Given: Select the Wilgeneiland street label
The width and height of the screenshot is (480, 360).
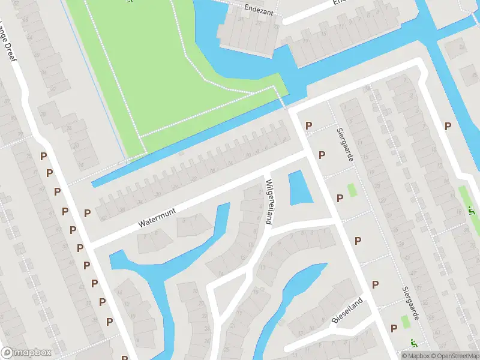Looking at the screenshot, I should [269, 202].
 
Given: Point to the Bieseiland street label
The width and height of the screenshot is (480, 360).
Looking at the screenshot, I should [347, 310].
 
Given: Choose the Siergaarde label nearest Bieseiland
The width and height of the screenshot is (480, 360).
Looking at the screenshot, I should [409, 302].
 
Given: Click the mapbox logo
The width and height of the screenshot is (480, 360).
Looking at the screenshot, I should [26, 353].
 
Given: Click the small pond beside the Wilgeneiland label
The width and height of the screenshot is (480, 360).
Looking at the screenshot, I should [299, 188].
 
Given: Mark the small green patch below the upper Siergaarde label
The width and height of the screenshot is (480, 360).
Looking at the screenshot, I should [352, 190].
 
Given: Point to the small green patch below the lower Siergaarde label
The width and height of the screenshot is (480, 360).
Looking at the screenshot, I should [406, 321].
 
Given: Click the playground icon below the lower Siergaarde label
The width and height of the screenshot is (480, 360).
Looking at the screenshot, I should [413, 343].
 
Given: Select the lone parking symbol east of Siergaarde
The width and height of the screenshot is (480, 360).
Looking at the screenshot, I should [448, 126].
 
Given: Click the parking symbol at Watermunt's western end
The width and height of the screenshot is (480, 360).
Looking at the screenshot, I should [88, 213].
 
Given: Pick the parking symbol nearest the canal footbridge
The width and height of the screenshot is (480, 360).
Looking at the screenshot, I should [309, 125].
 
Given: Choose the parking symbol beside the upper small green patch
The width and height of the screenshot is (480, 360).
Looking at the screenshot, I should [340, 197].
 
